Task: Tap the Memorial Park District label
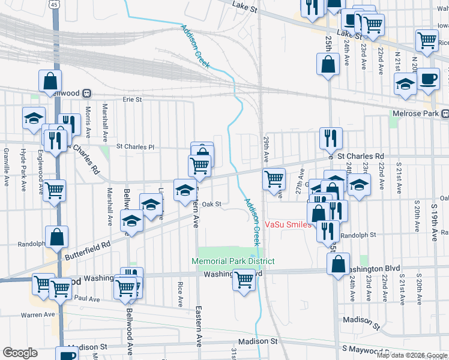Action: pyautogui.click(x=233, y=261)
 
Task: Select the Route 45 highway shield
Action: pyautogui.click(x=55, y=5)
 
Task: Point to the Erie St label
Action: pyautogui.click(x=132, y=99)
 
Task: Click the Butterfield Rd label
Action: pyautogui.click(x=89, y=250)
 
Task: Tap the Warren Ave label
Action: pyautogui.click(x=38, y=314)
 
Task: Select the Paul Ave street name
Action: pyautogui.click(x=88, y=298)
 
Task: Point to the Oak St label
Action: pyautogui.click(x=212, y=204)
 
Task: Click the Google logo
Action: pyautogui.click(x=20, y=353)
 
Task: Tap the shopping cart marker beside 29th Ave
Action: pyautogui.click(x=274, y=178)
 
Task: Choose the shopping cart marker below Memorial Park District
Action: pyautogui.click(x=244, y=279)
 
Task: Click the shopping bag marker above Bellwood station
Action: pyautogui.click(x=50, y=80)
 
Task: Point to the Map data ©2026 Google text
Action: pyautogui.click(x=412, y=355)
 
